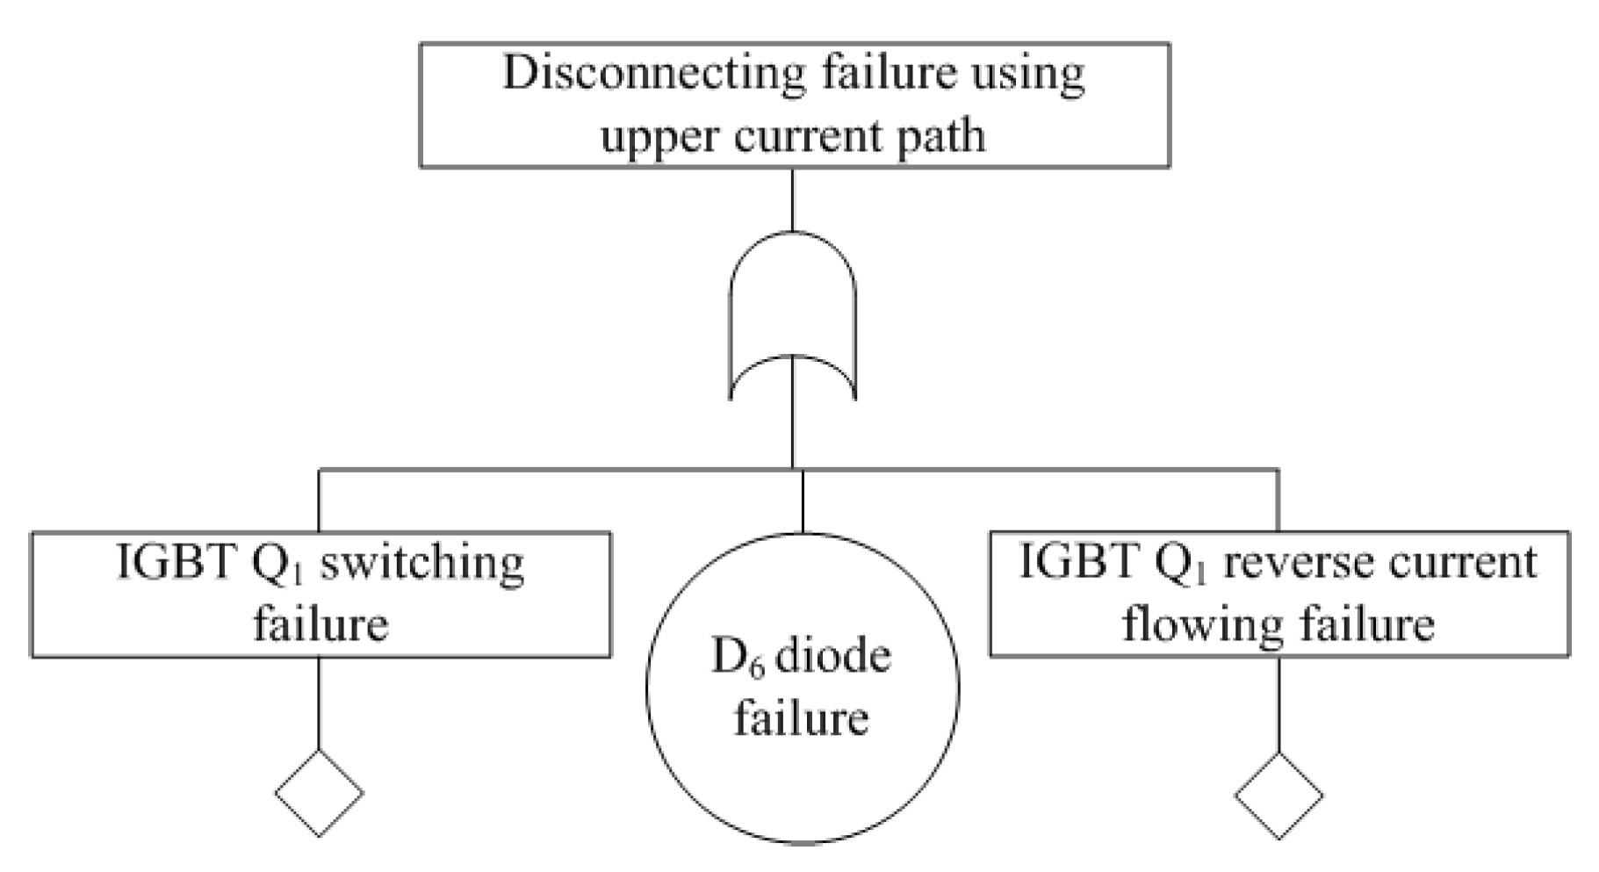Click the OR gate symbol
tap(793, 316)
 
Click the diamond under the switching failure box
tap(319, 792)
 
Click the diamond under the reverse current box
tap(1278, 796)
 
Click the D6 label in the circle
tap(737, 658)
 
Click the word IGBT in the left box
tap(176, 563)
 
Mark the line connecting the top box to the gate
tap(793, 199)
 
